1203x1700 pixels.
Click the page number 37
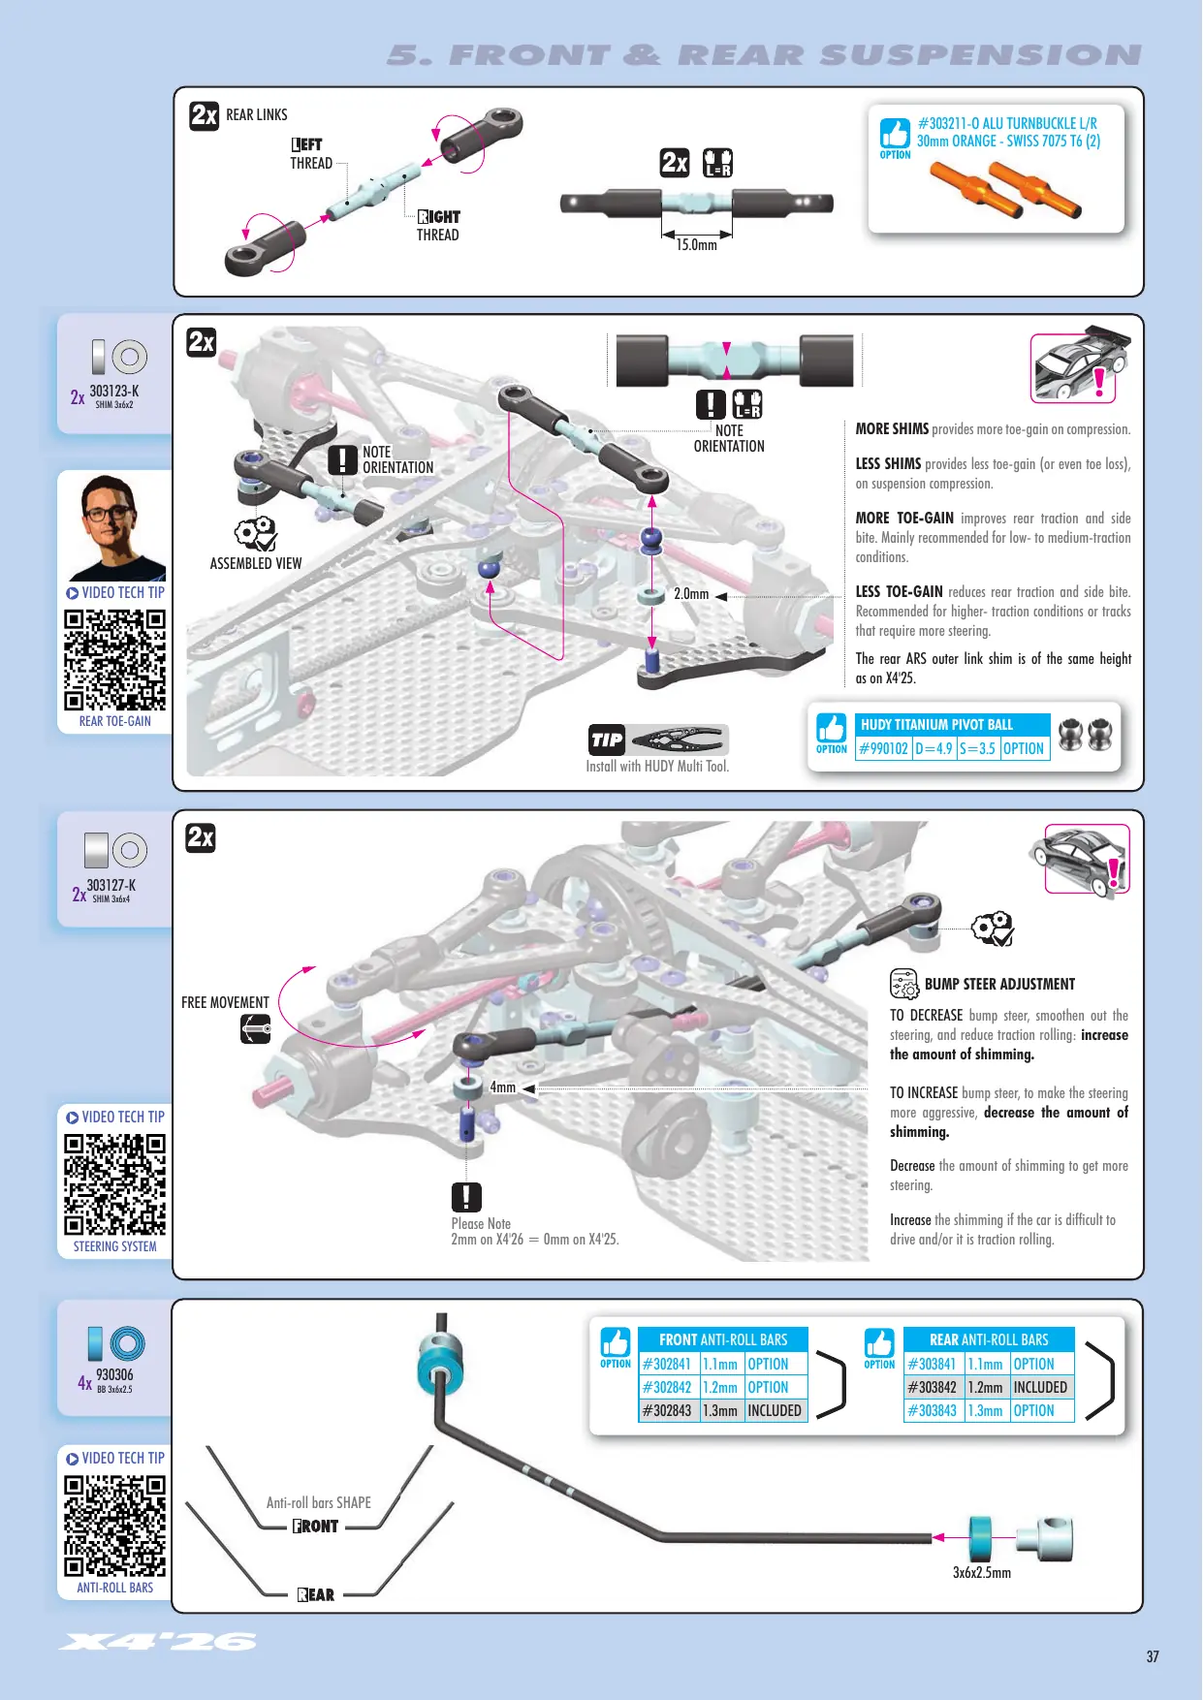tap(1153, 1656)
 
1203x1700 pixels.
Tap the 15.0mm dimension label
tap(697, 245)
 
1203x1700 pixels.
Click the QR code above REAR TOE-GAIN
tap(115, 660)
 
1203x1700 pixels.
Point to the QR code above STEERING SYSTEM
tap(115, 1184)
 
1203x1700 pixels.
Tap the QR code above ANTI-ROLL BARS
tap(115, 1527)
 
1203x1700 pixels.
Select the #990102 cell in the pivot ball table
tap(884, 748)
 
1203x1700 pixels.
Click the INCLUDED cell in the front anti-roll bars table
tap(775, 1411)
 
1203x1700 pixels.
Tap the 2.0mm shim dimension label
tap(691, 594)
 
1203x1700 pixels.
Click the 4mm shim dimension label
tap(503, 1087)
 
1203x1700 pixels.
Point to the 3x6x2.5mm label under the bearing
tap(982, 1573)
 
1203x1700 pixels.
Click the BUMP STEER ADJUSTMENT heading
tap(999, 984)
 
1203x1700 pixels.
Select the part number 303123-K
tap(114, 392)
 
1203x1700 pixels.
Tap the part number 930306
tap(114, 1374)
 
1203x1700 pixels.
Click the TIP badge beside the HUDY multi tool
tap(607, 740)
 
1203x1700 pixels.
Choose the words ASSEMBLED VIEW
tap(256, 563)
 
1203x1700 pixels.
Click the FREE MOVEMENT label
tap(225, 1002)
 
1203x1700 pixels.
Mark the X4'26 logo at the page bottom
tap(158, 1641)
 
